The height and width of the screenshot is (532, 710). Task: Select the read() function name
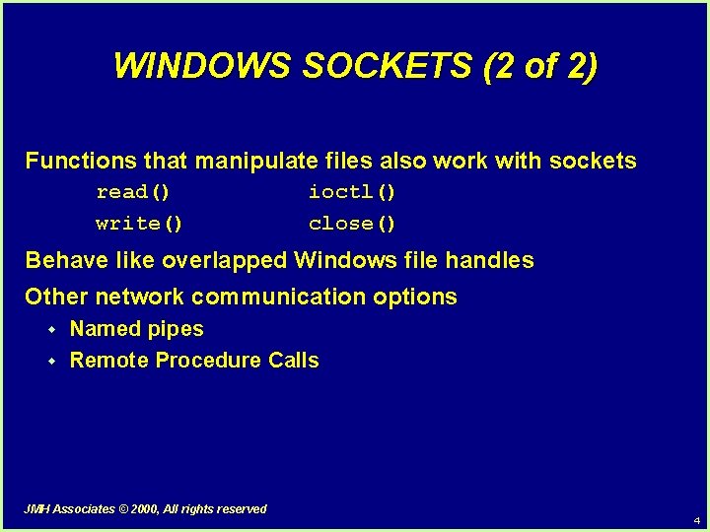(133, 191)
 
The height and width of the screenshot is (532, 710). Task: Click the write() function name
(139, 224)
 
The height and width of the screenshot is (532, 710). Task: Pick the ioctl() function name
(352, 191)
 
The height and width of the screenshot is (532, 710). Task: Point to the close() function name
(352, 224)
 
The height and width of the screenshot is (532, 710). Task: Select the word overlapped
(224, 261)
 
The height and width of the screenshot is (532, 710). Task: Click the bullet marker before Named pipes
(53, 330)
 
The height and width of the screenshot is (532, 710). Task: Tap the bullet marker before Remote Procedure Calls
(53, 362)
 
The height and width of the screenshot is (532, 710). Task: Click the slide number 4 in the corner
(696, 520)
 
